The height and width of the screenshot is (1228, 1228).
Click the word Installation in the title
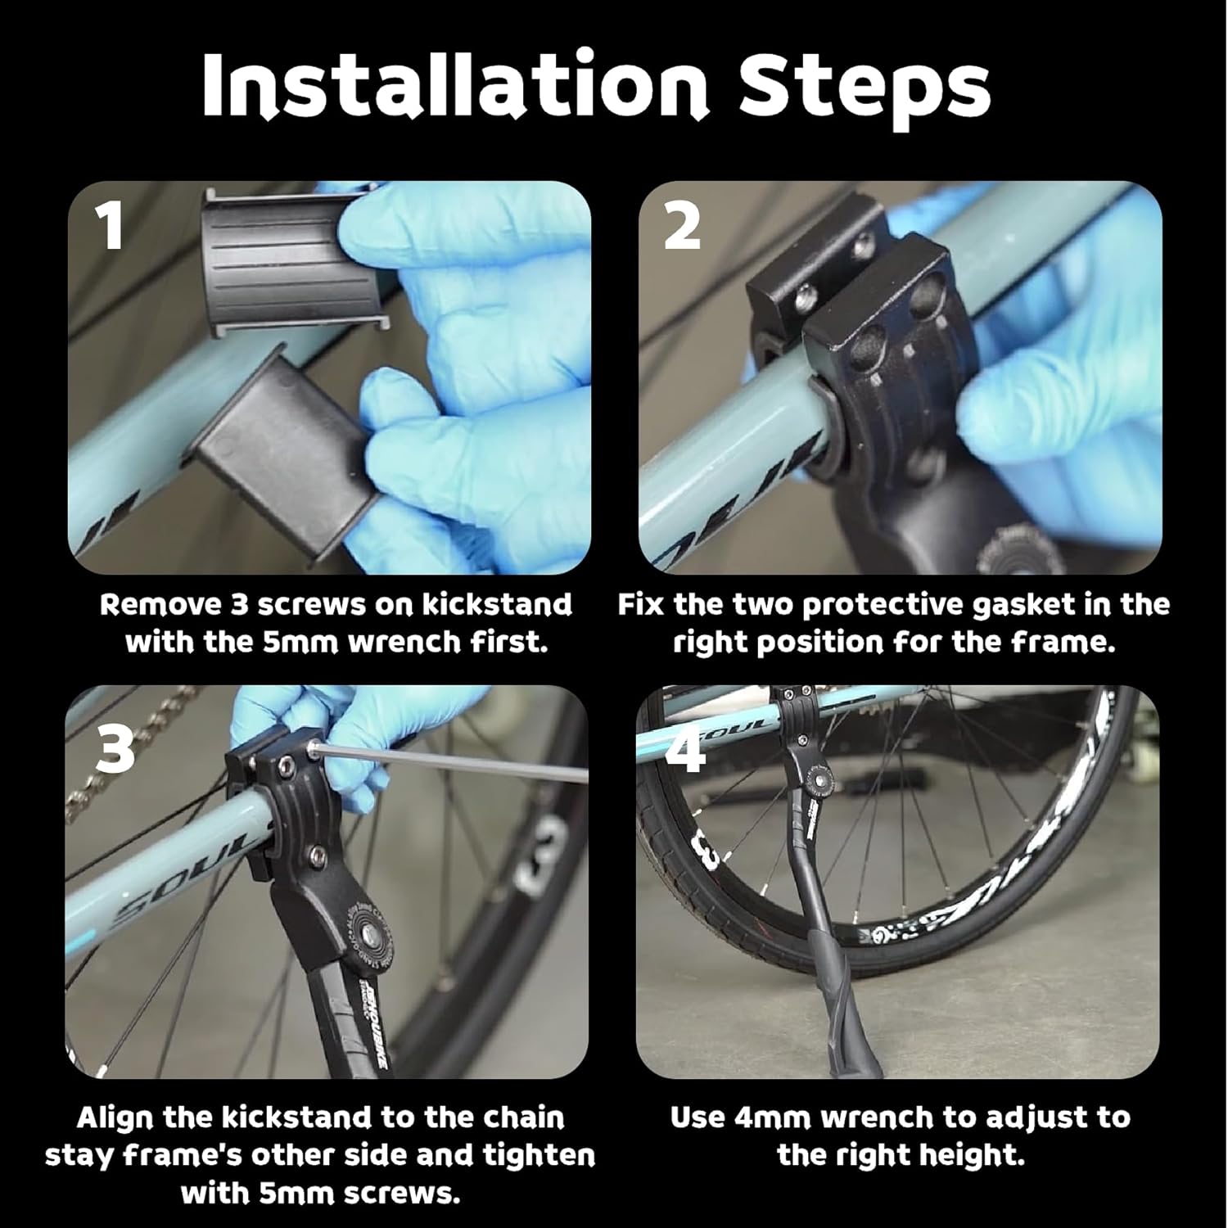(x=455, y=84)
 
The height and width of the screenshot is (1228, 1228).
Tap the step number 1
(x=111, y=227)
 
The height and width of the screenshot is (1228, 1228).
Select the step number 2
(x=682, y=227)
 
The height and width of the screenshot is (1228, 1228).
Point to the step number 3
(x=115, y=750)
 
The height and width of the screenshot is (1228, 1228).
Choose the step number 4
(x=685, y=750)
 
